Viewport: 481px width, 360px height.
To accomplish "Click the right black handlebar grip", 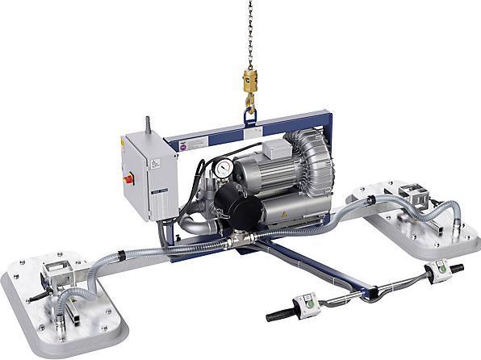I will [x=454, y=268].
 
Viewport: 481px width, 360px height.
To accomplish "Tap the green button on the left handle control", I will [x=307, y=303].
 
